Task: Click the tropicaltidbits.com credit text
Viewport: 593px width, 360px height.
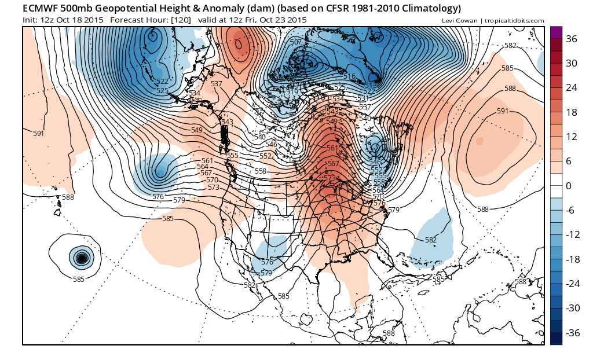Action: tap(510, 21)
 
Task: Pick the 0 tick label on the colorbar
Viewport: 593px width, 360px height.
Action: tap(569, 186)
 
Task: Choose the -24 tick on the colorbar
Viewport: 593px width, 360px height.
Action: tap(572, 284)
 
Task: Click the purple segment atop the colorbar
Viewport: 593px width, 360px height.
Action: tap(556, 32)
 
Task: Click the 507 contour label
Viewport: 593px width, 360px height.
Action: tap(295, 42)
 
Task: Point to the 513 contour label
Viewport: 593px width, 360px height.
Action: tap(370, 85)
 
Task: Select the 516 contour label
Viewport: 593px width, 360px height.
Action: tap(349, 76)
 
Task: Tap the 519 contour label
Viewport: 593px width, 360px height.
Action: tap(292, 92)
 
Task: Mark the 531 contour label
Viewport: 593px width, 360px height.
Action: tap(363, 98)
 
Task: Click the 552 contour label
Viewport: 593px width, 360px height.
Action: tap(265, 156)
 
